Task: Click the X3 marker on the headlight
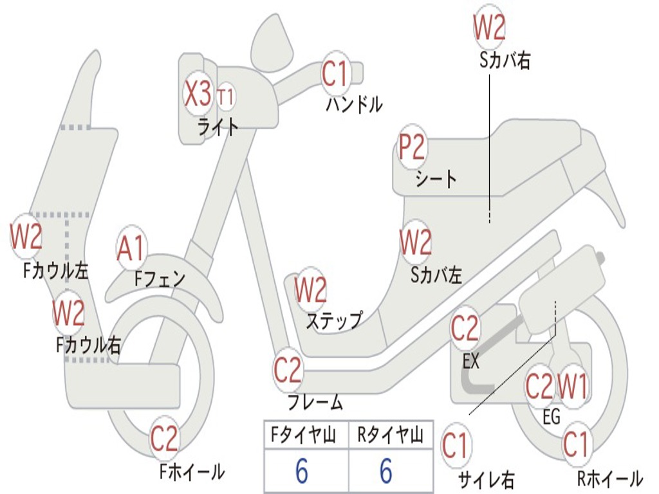pyautogui.click(x=198, y=95)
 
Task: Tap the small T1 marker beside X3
pyautogui.click(x=226, y=97)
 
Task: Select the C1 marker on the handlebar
pyautogui.click(x=335, y=73)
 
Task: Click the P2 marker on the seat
pyautogui.click(x=411, y=149)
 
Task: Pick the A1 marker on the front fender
pyautogui.click(x=131, y=249)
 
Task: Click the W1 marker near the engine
pyautogui.click(x=571, y=387)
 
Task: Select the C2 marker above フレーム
pyautogui.click(x=288, y=370)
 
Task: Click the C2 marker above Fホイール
pyautogui.click(x=164, y=439)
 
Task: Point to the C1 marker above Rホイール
pyautogui.click(x=576, y=444)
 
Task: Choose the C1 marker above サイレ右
pyautogui.click(x=456, y=446)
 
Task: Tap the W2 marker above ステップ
pyautogui.click(x=311, y=291)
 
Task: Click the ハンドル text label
pyautogui.click(x=354, y=104)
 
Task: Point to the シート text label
pyautogui.click(x=436, y=179)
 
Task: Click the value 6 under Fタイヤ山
pyautogui.click(x=301, y=471)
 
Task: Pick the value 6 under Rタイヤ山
pyautogui.click(x=385, y=471)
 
